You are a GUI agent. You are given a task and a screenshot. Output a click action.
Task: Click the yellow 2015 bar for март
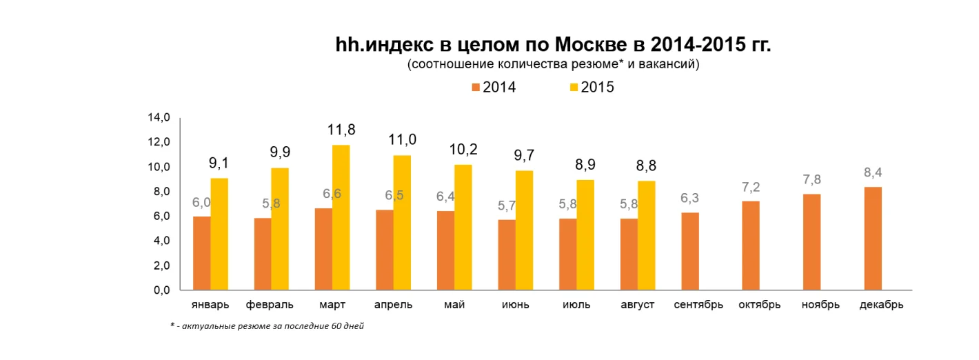[341, 217]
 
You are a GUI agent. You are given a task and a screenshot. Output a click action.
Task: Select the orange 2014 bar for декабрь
[872, 238]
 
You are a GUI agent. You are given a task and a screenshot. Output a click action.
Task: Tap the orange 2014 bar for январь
[201, 253]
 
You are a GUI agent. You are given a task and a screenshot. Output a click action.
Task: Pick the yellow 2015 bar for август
[646, 235]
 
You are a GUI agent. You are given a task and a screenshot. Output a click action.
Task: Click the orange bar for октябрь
[751, 246]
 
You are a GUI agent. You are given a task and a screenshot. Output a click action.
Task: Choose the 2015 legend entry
[591, 88]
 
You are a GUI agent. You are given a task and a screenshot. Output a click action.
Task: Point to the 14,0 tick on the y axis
[159, 118]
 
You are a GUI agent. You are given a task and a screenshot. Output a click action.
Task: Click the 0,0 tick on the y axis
[159, 290]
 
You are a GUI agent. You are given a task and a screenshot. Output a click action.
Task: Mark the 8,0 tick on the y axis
[159, 192]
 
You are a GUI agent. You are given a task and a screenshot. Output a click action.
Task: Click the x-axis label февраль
[270, 304]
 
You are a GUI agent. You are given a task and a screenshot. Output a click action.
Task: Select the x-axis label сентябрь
[698, 304]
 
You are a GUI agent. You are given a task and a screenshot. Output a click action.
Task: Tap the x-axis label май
[454, 304]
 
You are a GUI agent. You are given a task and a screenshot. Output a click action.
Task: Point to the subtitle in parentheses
[553, 65]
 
